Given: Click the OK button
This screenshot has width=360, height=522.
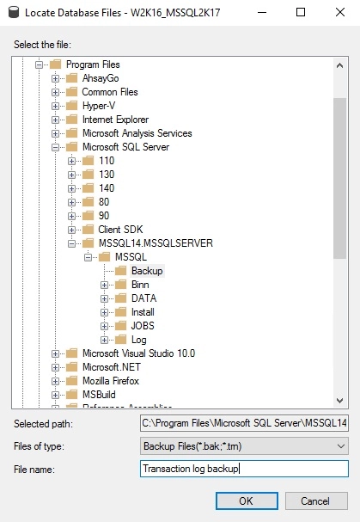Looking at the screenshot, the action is pos(247,501).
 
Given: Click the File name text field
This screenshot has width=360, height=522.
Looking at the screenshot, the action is pos(244,469).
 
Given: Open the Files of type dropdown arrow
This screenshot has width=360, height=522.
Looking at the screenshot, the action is pos(341,446).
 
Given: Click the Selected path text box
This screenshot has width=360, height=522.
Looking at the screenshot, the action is pos(244,423).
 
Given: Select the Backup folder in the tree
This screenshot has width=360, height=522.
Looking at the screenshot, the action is pos(147,271).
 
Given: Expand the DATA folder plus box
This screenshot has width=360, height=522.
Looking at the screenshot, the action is pos(104,298).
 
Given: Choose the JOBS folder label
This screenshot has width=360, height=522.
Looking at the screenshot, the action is pos(143,326).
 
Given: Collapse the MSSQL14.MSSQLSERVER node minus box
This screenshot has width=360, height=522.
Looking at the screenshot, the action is pos(71,243).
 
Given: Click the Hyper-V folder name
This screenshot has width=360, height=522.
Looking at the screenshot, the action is pos(99,106).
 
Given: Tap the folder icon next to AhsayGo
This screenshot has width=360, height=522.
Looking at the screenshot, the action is pos(71,78).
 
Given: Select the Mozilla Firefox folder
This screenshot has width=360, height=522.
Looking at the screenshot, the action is pos(111,380).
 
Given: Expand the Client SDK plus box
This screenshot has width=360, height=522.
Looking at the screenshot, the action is pos(71,230).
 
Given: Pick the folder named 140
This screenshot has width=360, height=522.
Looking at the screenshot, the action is pos(107,188).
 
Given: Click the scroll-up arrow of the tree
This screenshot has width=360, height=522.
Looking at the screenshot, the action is pos(339,65).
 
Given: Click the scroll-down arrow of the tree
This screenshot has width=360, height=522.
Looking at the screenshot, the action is pos(339,400).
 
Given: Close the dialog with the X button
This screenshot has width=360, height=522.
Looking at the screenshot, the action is pos(340,12).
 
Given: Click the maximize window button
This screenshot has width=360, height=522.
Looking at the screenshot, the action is pos(301,12).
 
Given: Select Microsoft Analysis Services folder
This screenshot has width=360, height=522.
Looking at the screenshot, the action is pos(137,133).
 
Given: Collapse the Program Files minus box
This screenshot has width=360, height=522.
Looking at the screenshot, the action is pos(39,64).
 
